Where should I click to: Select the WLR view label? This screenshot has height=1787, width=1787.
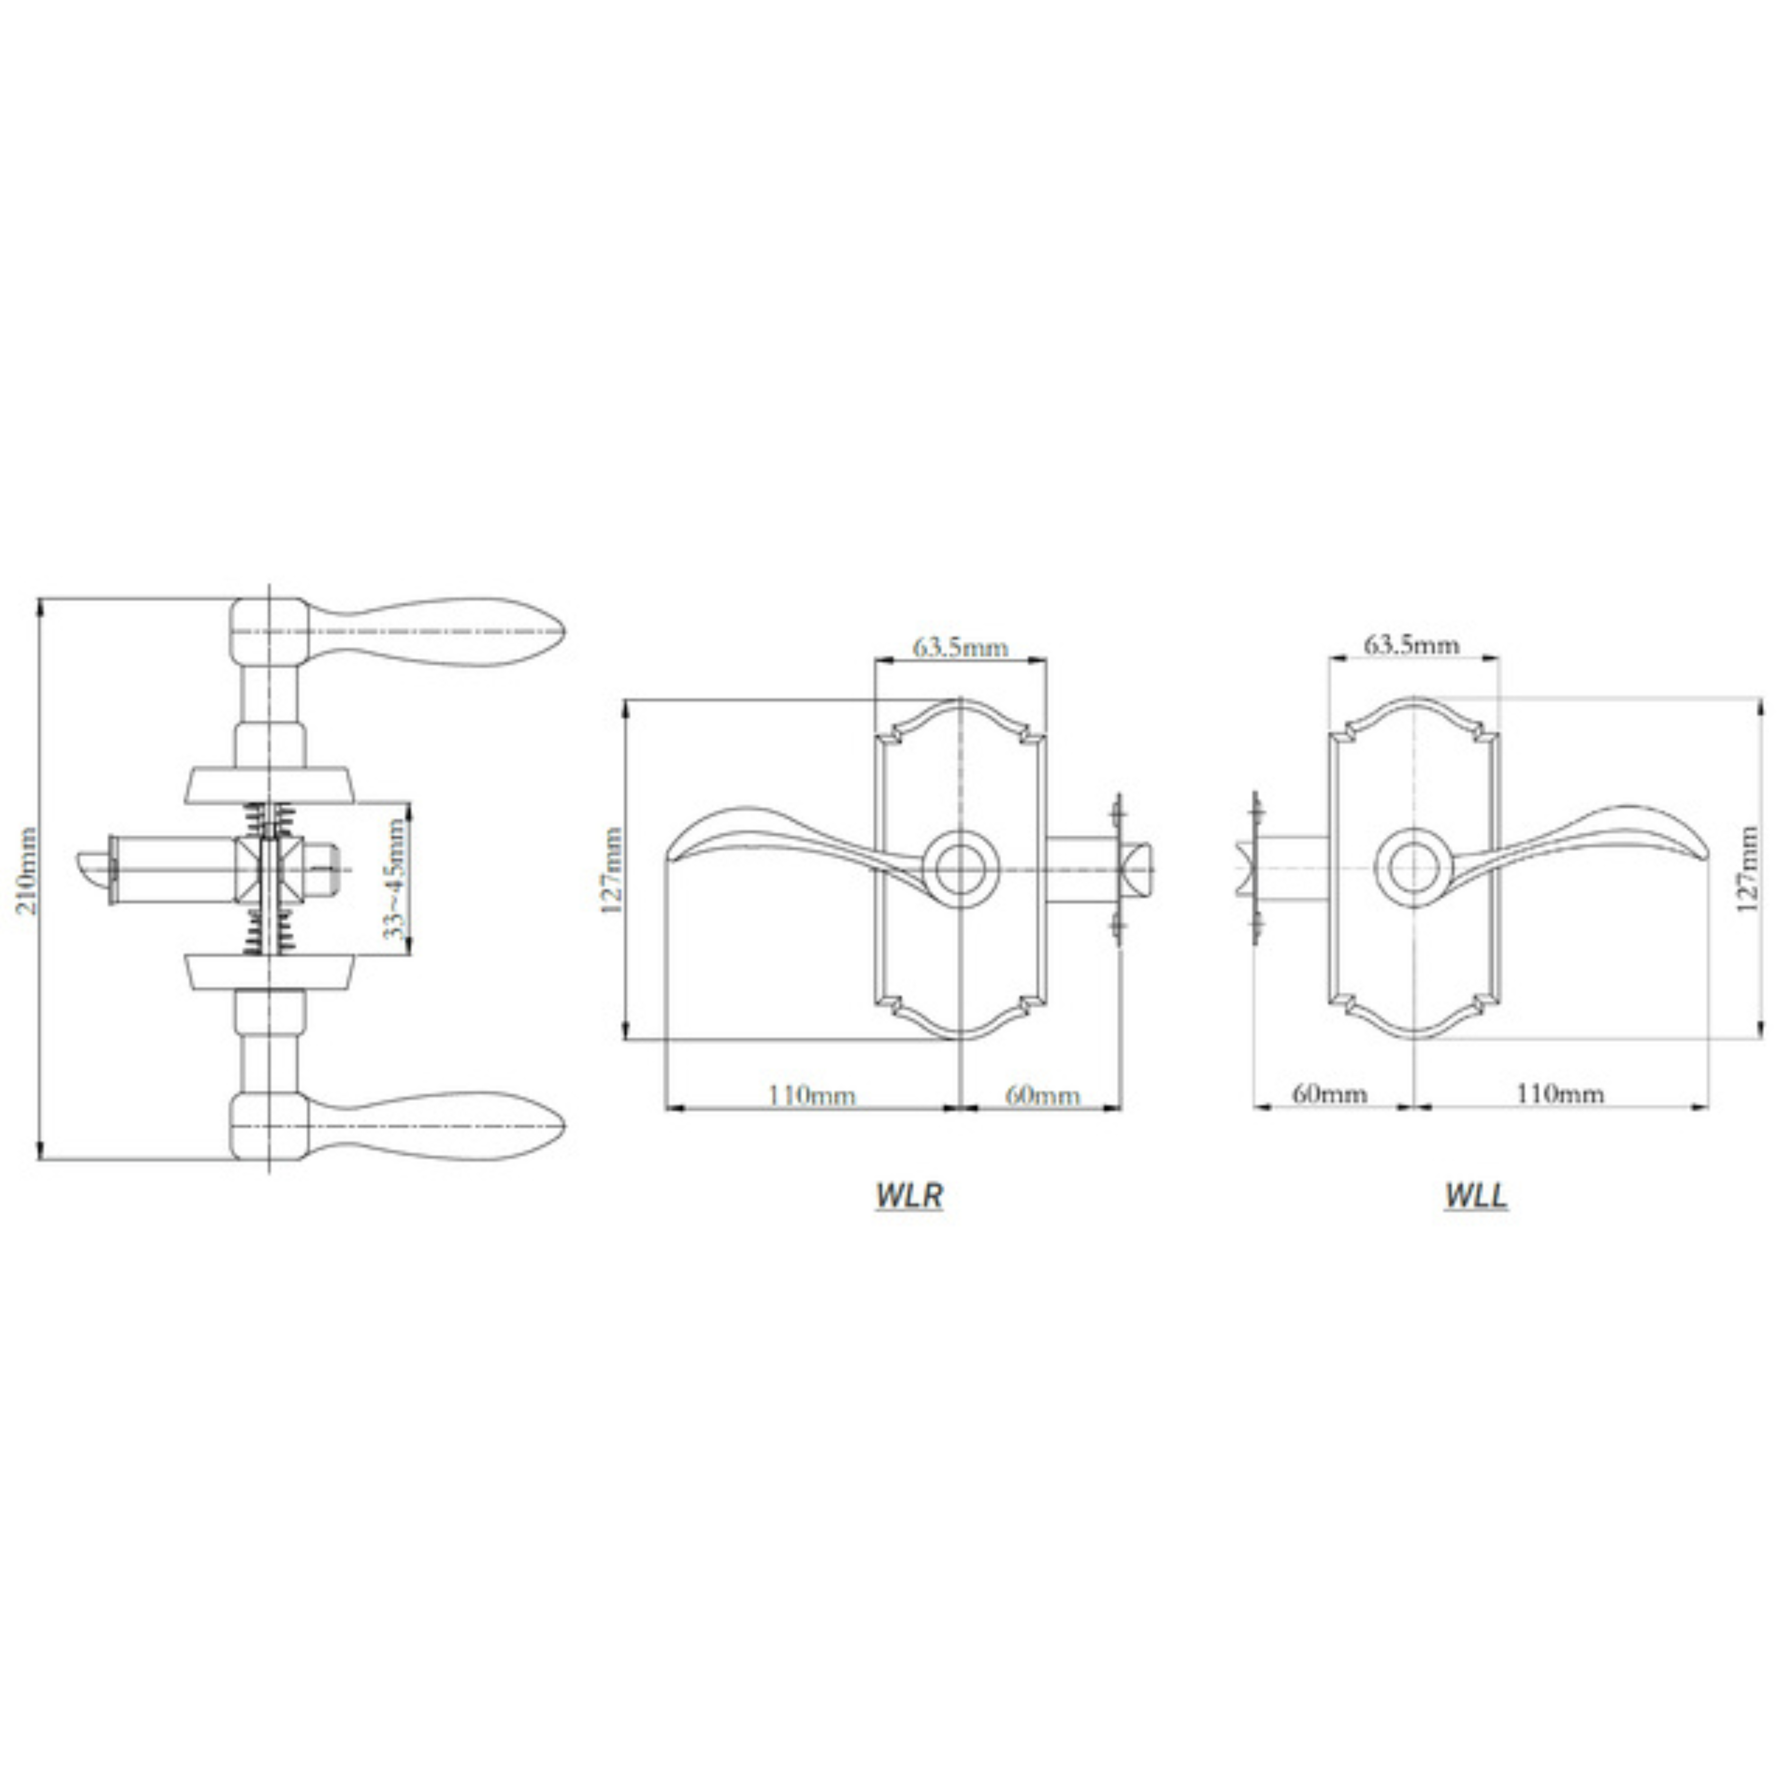tap(909, 1195)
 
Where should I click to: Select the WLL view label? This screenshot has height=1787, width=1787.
tap(1476, 1195)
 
